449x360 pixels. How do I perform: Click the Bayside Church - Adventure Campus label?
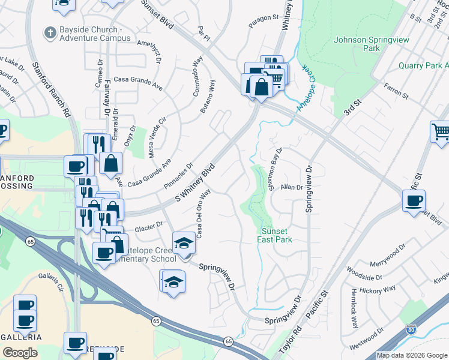tap(95, 34)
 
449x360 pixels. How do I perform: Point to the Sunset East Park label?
tap(276, 235)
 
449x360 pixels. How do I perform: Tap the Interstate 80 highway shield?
tap(411, 329)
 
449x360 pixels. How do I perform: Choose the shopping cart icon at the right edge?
tap(440, 131)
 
